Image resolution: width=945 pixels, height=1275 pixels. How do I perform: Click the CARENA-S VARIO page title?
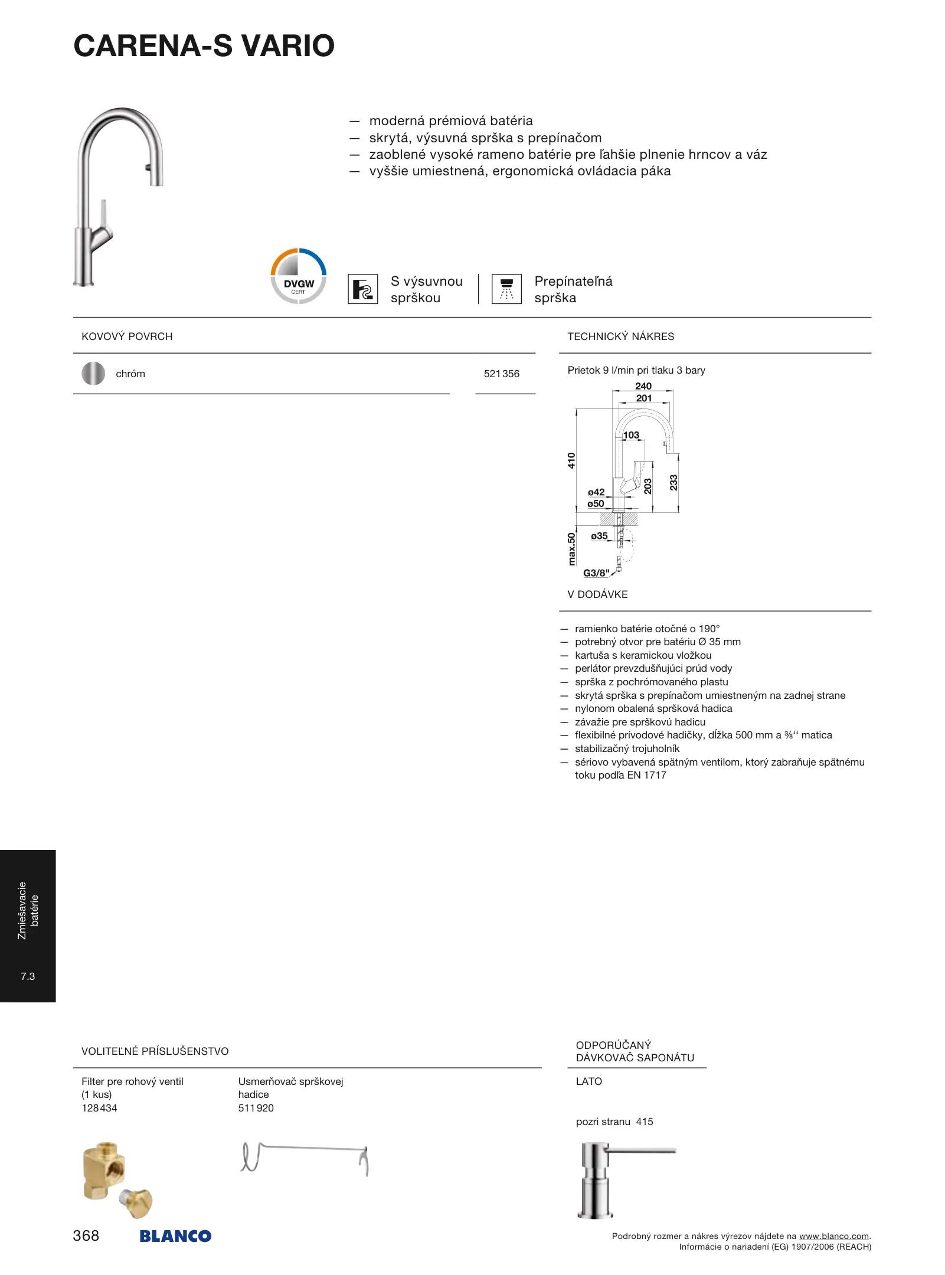tap(204, 46)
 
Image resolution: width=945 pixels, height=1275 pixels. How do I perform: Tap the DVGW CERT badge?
tap(299, 276)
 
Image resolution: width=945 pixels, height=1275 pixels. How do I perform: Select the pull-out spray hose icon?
tap(362, 289)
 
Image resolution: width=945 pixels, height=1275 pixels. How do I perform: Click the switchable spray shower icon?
tap(506, 289)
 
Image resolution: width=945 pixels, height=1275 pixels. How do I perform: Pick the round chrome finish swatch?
tap(93, 374)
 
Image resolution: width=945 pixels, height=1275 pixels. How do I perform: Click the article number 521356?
tap(501, 374)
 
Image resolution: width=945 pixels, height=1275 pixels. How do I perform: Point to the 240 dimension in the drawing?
tap(643, 386)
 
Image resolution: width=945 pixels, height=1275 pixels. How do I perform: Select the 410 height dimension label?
tap(571, 460)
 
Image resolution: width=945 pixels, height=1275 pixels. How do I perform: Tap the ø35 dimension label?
tap(599, 536)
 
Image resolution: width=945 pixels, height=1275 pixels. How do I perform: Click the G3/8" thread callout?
tap(596, 573)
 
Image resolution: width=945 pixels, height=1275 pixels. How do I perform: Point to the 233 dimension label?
tap(673, 483)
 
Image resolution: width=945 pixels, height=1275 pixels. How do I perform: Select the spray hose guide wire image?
tap(305, 1158)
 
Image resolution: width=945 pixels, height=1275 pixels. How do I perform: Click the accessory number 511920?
tap(256, 1108)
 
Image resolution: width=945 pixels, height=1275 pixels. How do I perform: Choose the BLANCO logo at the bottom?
tap(175, 1236)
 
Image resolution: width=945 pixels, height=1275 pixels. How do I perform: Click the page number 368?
tap(86, 1235)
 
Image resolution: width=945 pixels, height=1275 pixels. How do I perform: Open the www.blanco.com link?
tap(833, 1236)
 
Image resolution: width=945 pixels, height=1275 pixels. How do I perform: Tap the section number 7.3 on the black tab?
tap(28, 976)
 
